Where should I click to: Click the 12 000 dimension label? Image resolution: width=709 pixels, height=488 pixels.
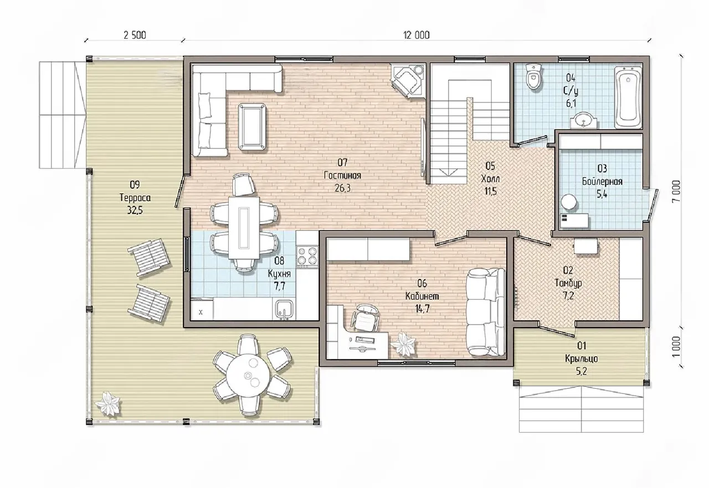pos(416,35)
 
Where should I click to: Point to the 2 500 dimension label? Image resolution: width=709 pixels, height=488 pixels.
pos(135,35)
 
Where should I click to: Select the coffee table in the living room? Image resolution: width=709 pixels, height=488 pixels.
pos(252,126)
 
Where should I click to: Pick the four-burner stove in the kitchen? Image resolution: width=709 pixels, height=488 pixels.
pos(307,256)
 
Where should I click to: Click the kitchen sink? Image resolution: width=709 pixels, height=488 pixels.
pos(285,309)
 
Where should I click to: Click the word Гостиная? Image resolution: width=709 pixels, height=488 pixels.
pos(342,176)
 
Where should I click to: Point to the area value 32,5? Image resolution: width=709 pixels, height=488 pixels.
pos(135,210)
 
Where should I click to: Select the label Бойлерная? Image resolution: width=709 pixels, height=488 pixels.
pos(602,182)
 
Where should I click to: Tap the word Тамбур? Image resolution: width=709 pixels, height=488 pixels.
pos(568,283)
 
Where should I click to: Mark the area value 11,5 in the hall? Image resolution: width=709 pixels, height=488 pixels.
pos(490,192)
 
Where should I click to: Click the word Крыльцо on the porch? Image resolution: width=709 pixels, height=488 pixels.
pos(582,359)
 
